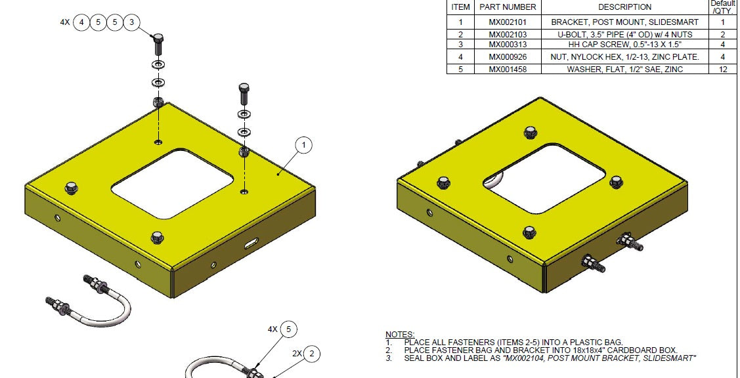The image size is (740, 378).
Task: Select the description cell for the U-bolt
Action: click(x=624, y=33)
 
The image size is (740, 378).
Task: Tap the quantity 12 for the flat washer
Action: click(x=723, y=69)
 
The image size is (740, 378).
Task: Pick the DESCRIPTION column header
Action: click(x=624, y=7)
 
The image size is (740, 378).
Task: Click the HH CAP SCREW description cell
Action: click(x=624, y=45)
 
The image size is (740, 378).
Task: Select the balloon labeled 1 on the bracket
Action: click(x=303, y=145)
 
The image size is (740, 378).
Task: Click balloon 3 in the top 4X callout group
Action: click(x=131, y=22)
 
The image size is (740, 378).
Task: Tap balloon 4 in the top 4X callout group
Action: click(x=81, y=22)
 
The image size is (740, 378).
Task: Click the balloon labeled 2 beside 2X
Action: click(x=311, y=354)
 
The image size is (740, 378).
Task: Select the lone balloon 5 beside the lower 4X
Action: click(x=288, y=329)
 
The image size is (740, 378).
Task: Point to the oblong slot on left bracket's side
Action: click(x=252, y=245)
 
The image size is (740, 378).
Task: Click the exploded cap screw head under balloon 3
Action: click(x=158, y=45)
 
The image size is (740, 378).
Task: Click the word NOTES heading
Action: click(x=399, y=335)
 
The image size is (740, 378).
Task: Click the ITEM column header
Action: click(x=460, y=7)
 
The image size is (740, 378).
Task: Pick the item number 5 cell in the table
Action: click(x=460, y=69)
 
